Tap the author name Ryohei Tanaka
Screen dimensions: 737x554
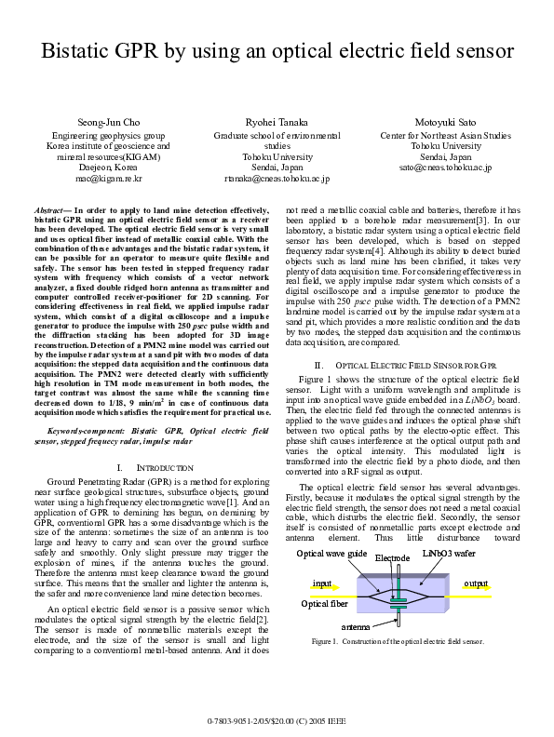[277, 123]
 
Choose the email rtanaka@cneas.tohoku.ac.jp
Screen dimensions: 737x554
[277, 178]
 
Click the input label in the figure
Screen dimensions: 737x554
[322, 583]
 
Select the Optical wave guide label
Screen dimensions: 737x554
[331, 554]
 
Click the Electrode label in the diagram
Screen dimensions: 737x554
[392, 558]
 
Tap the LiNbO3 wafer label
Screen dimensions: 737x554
[453, 554]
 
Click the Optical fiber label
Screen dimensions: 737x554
[325, 604]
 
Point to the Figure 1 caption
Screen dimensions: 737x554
[398, 643]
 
